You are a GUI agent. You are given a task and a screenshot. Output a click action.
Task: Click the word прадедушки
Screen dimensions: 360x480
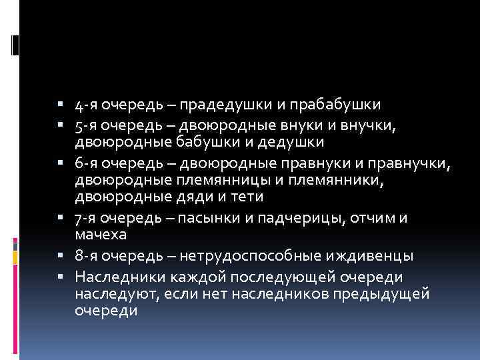227,105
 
